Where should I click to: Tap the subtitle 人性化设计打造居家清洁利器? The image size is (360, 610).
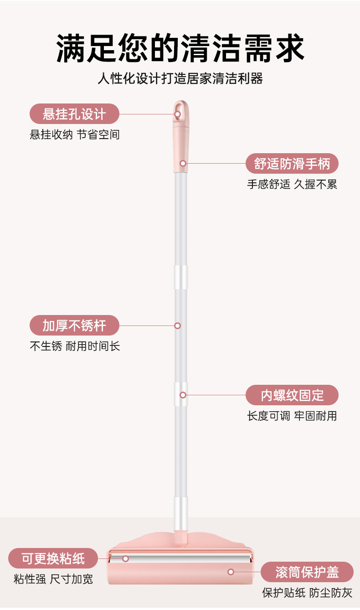(180, 78)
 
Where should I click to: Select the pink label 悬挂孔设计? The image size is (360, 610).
(74, 114)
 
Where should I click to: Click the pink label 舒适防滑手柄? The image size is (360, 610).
(292, 164)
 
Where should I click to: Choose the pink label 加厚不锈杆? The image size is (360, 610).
(74, 326)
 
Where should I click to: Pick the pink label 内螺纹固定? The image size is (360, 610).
(292, 395)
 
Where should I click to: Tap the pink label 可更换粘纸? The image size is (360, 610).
(53, 558)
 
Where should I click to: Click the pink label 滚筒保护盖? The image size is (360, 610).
(307, 572)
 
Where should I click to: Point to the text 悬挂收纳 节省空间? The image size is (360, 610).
(75, 134)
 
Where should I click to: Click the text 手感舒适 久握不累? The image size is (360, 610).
(292, 184)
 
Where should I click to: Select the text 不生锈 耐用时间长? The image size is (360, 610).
(75, 346)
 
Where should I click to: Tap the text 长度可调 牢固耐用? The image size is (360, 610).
(292, 416)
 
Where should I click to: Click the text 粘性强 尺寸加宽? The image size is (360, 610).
(53, 579)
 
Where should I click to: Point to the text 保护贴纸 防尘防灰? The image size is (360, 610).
(307, 593)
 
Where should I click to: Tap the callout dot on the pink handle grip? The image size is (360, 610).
(183, 163)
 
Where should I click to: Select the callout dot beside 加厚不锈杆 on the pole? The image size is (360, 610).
(178, 326)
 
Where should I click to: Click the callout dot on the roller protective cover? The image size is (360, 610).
(231, 572)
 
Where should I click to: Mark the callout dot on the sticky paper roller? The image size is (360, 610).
(125, 558)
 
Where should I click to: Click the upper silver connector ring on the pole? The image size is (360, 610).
(181, 277)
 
